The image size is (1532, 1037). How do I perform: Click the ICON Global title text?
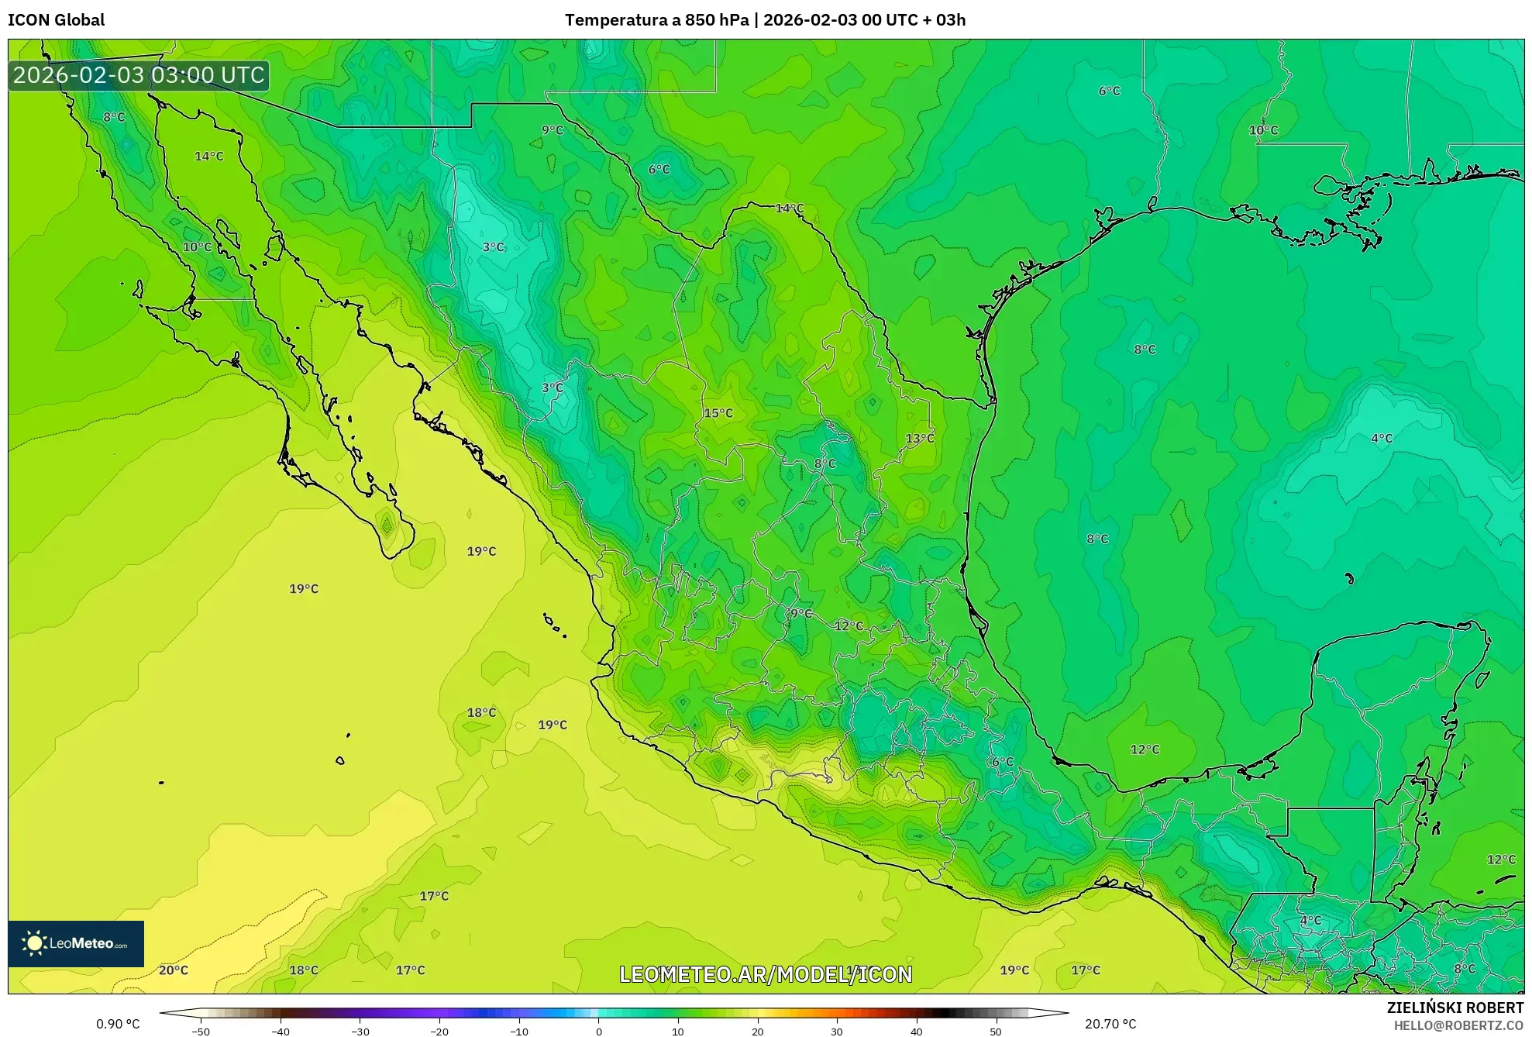coord(56,20)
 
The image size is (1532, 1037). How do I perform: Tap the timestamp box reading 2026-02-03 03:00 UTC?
coord(139,76)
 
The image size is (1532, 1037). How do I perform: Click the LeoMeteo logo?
coord(76,943)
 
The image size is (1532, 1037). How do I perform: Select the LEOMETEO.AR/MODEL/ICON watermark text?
coord(766,974)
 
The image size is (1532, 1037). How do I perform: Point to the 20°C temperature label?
coord(174,970)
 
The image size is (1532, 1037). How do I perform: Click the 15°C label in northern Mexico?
coord(718,413)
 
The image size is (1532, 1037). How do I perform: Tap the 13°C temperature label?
coord(920,438)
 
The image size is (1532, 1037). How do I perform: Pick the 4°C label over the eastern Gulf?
coord(1382,438)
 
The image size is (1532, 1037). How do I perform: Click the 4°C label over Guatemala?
coord(1310,920)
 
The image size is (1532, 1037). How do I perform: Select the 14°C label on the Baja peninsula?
coord(208,156)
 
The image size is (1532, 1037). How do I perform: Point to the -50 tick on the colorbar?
coord(201,1031)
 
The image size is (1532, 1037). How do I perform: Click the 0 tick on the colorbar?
coord(598,1031)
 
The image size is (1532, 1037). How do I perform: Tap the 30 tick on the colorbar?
coord(837,1031)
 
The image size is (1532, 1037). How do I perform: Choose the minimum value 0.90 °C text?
coord(118,1024)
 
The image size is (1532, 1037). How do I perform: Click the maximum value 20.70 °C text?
coord(1110,1024)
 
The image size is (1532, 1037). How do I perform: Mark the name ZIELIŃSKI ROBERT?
coord(1455,1008)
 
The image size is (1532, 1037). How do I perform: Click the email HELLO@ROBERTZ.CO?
coord(1458,1025)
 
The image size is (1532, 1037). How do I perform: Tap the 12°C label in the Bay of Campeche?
coord(1145,749)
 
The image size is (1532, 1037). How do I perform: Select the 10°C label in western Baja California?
coord(197,246)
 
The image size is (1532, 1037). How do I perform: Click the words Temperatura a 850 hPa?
coord(656,20)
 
